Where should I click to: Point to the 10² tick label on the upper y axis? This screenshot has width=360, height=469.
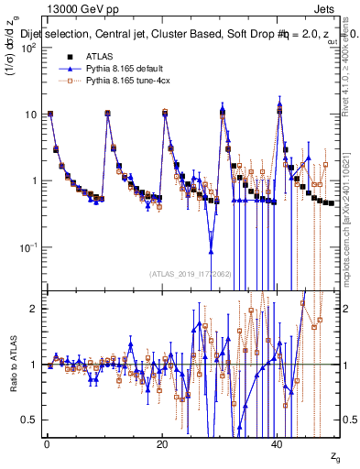tap(30, 48)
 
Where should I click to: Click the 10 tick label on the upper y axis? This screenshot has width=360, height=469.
tap(32, 115)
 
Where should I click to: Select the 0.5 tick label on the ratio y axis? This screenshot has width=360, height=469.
tap(31, 420)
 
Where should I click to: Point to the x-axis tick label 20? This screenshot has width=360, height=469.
tap(162, 444)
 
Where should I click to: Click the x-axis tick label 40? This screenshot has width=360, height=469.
tap(278, 444)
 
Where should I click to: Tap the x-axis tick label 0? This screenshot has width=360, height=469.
tap(46, 444)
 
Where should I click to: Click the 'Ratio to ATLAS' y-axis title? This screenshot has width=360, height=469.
tap(11, 365)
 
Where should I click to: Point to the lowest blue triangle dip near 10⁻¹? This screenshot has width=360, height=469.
tap(211, 250)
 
